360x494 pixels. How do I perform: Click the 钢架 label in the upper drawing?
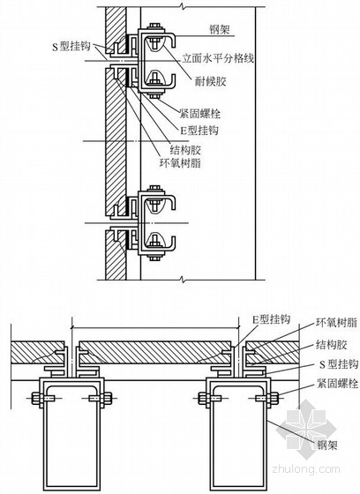tap(220, 30)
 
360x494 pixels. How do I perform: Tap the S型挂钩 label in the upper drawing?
tap(71, 47)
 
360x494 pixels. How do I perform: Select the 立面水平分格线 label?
tap(218, 58)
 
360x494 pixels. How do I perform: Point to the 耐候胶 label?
tap(210, 81)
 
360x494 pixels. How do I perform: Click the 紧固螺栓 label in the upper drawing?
tap(200, 114)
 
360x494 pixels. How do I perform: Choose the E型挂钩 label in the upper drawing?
tap(199, 131)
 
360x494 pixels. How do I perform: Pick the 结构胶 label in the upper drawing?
tap(185, 150)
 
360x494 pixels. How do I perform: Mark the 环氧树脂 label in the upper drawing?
tap(181, 163)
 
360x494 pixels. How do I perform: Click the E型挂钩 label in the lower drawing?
tap(271, 319)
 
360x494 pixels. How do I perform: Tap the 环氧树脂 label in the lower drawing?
tap(337, 323)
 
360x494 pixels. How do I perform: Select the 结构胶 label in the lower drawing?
tap(331, 345)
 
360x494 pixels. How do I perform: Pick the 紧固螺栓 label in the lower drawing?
tap(338, 384)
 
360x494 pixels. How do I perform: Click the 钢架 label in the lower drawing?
tap(327, 445)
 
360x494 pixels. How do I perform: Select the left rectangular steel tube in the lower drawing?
tap(71, 436)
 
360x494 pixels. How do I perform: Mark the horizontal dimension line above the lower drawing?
tap(155, 327)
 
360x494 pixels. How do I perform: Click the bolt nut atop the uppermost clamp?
tap(154, 26)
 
